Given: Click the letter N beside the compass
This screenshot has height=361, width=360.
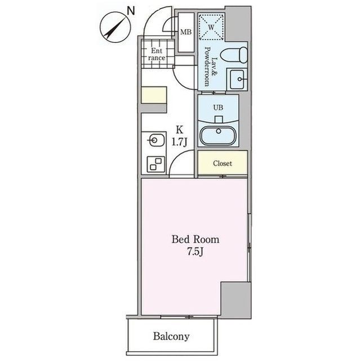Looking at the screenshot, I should click(x=131, y=10).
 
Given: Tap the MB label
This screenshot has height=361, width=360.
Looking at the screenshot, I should click(x=185, y=32).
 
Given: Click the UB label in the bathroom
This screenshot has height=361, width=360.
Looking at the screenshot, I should click(x=219, y=105).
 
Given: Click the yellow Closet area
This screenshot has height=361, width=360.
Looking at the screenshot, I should click(x=222, y=164).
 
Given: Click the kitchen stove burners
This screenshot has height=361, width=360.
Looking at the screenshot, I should click(x=153, y=163).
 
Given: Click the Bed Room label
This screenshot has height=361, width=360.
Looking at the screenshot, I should click(x=195, y=240).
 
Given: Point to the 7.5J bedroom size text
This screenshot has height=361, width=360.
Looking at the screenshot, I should click(x=195, y=252).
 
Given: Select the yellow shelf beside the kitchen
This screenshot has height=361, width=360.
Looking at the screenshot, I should click(x=153, y=95).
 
